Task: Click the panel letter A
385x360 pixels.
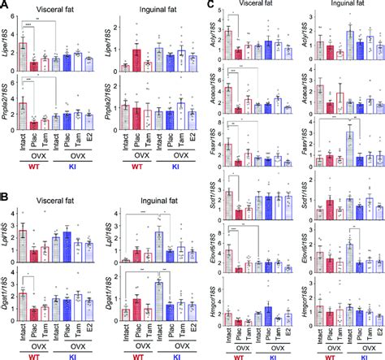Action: click(6, 6)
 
